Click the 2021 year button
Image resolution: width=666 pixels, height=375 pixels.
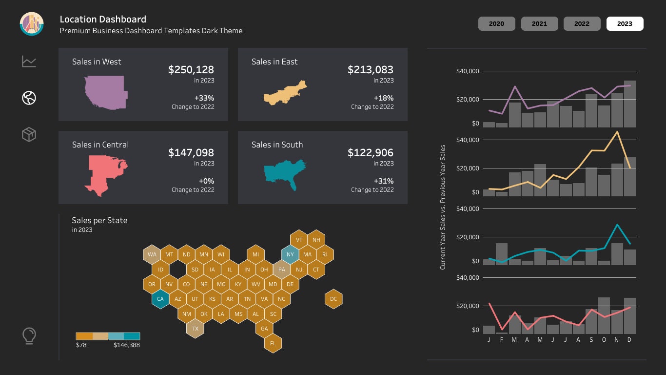539,23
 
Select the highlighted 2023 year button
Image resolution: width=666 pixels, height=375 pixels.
625,23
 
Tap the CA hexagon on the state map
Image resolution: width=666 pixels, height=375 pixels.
160,299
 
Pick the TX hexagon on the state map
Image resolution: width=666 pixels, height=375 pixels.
195,329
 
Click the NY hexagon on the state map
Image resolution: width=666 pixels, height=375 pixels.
290,254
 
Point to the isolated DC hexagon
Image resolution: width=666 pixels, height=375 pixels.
333,299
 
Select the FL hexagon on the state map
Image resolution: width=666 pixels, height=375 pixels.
273,343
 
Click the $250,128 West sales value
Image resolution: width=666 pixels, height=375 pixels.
191,70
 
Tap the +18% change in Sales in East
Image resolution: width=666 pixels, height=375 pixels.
383,98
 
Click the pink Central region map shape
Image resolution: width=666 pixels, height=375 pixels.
105,173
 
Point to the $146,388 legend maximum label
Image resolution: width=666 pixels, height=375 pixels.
127,345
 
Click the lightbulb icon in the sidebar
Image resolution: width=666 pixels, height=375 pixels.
29,336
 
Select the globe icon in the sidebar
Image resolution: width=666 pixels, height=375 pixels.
29,98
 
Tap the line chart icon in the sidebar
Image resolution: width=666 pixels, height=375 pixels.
29,62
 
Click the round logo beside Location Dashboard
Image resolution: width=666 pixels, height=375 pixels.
32,23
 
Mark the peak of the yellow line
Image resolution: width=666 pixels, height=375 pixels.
617,132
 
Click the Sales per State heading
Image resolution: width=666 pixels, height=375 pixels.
99,220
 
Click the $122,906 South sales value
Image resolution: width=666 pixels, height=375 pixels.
370,153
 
